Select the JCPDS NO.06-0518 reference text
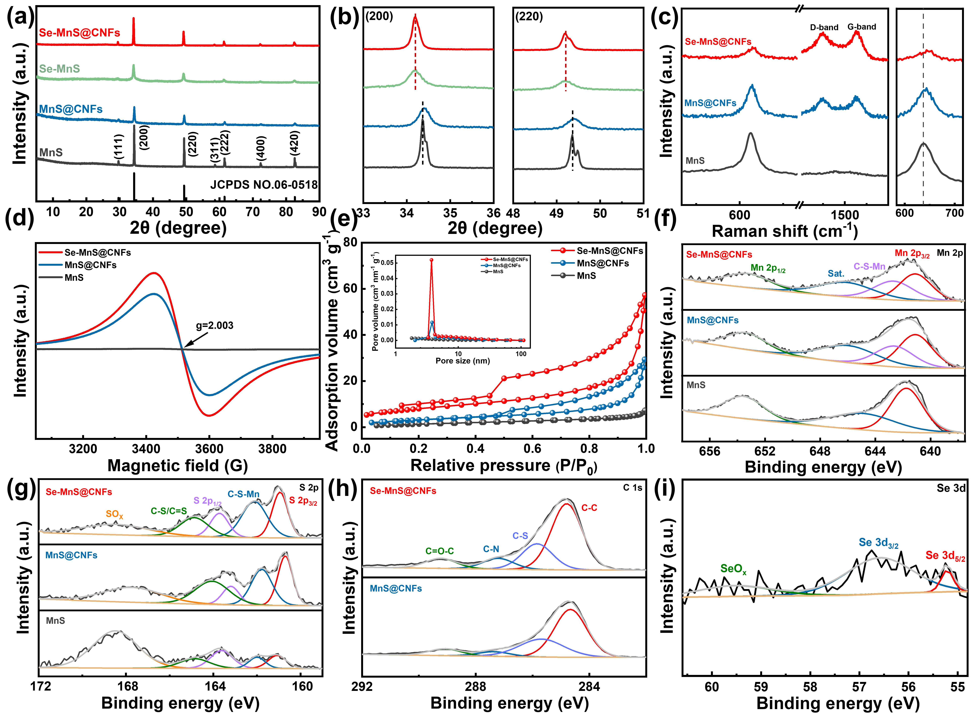coord(264,185)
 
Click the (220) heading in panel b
coord(529,17)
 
